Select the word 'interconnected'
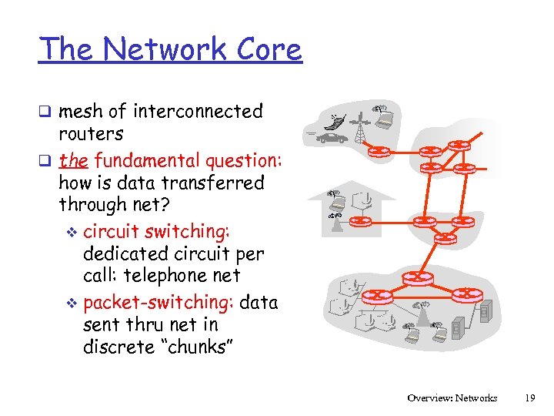pos(198,111)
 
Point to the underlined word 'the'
pos(73,160)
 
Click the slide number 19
pos(529,398)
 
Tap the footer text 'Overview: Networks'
pos(452,398)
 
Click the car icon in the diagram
pos(332,138)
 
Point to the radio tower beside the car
pos(359,130)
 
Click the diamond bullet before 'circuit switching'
pos(72,232)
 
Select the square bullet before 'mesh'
pos(48,112)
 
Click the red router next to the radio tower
pos(379,150)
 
